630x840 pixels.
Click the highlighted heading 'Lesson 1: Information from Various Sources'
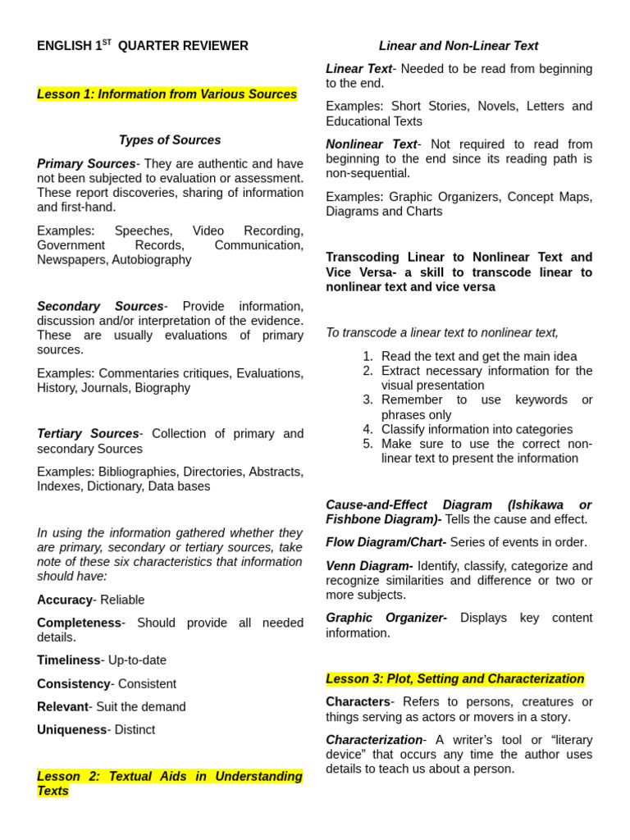point(167,94)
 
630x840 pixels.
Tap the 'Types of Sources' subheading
point(170,140)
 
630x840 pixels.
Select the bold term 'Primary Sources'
point(86,164)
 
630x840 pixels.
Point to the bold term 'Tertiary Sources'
point(88,434)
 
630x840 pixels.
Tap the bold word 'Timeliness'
point(68,660)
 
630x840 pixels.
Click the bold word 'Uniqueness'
point(71,730)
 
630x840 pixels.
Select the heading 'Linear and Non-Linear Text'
point(459,46)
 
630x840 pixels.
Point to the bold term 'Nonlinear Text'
point(372,144)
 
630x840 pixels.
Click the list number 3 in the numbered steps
point(367,400)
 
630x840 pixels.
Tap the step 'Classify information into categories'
point(477,429)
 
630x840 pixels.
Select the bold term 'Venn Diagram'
point(369,566)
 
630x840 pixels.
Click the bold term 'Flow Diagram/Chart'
point(386,542)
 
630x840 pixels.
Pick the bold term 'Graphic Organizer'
point(386,618)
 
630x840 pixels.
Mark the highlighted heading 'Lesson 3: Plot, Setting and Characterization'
point(454,679)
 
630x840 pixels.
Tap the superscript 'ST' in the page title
point(107,42)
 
